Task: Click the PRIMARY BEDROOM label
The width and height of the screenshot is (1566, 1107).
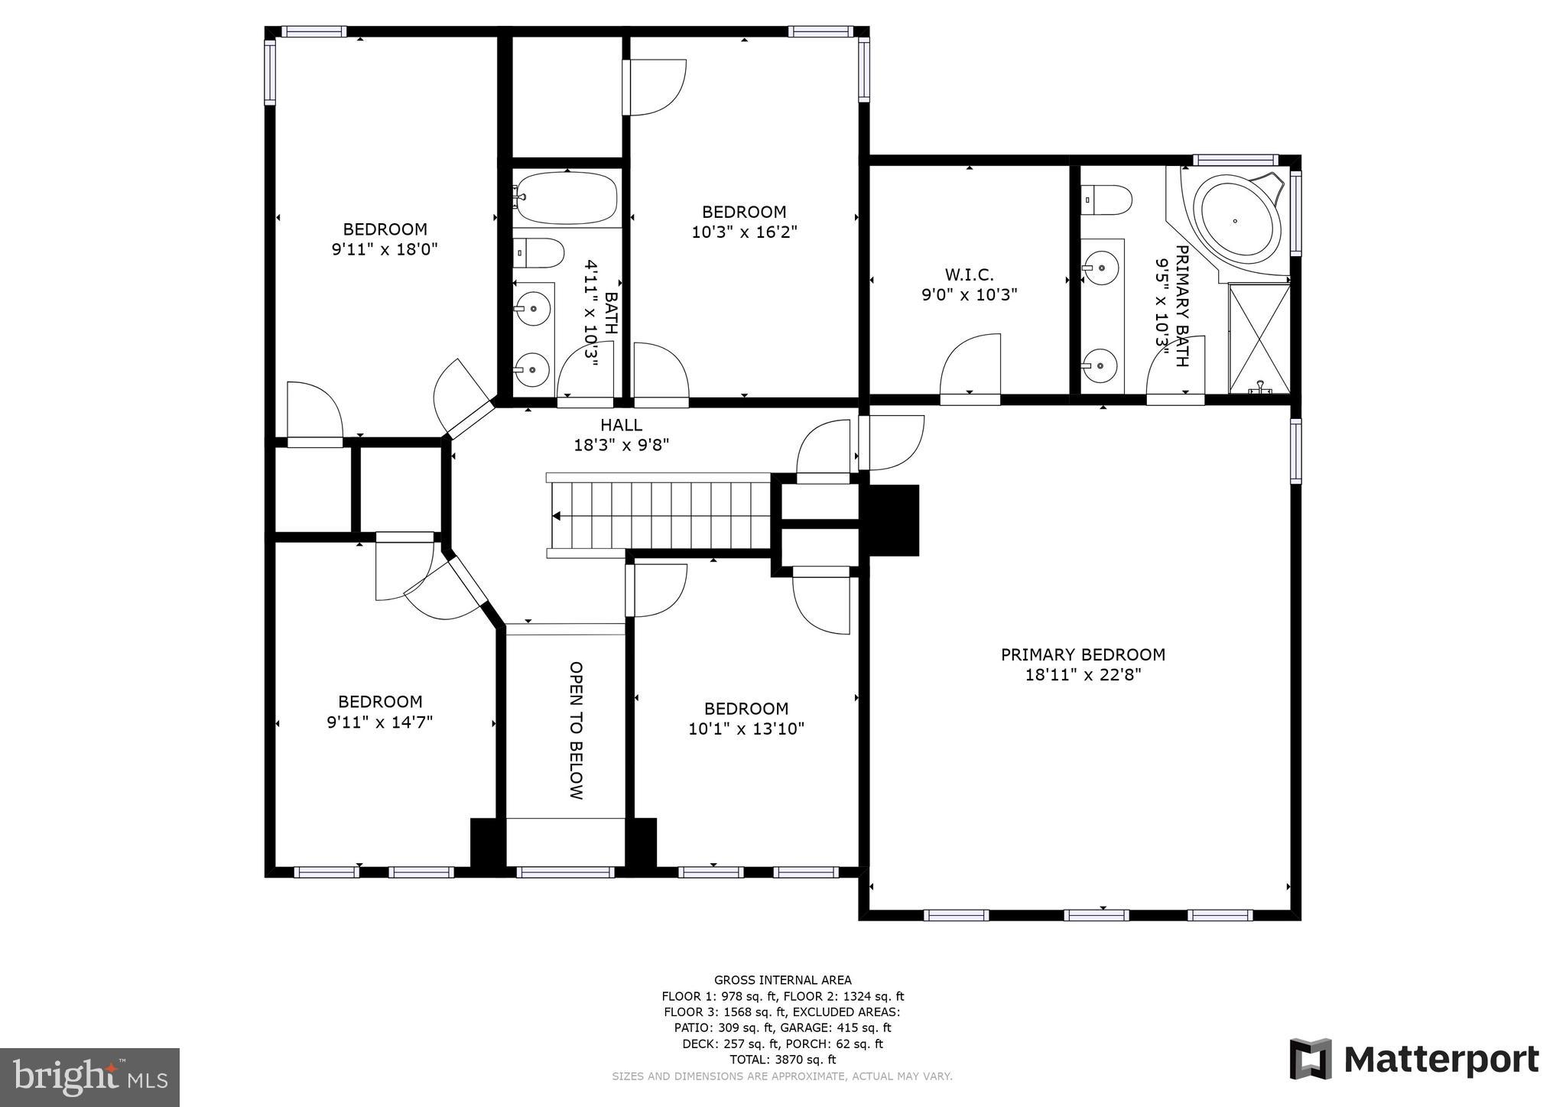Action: tap(1083, 654)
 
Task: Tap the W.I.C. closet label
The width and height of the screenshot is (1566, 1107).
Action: tap(969, 274)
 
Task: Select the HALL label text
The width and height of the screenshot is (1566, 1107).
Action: tap(621, 425)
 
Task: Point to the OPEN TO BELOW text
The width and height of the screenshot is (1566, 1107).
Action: tap(576, 730)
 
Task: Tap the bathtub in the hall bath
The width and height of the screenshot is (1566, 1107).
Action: tap(567, 197)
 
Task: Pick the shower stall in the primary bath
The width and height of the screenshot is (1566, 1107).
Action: tap(1259, 337)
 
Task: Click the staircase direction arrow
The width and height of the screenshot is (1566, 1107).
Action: tap(558, 516)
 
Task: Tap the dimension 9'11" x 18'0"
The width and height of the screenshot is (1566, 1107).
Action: tap(384, 249)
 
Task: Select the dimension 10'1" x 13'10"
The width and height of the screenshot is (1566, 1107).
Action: tap(746, 729)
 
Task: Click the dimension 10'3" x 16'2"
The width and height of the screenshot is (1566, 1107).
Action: tap(744, 232)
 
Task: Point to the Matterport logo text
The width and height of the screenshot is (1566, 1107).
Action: tap(1441, 1060)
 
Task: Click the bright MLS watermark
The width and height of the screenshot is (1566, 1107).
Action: tap(89, 1077)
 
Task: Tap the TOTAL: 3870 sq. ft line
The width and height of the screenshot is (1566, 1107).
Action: tap(782, 1060)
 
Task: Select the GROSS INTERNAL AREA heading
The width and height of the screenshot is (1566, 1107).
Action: tap(782, 980)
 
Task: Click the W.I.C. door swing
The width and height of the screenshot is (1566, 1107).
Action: tap(970, 367)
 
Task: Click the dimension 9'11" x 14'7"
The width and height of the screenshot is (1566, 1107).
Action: tap(380, 722)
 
